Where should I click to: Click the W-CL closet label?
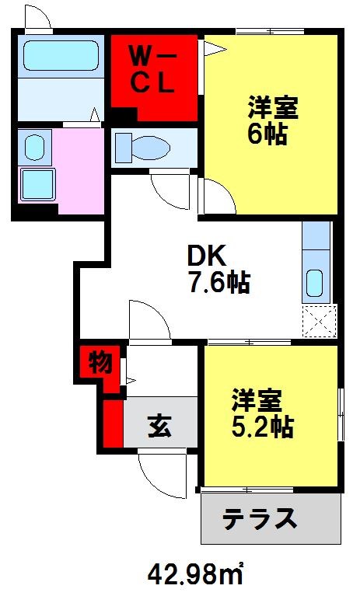tap(154, 70)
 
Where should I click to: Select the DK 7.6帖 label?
tap(217, 270)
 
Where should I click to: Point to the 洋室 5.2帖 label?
tap(262, 413)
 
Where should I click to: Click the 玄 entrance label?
tap(160, 426)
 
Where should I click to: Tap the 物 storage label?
tap(99, 363)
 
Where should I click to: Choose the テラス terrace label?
tap(260, 518)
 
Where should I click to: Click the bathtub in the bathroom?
tap(59, 56)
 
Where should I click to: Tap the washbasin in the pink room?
tap(33, 146)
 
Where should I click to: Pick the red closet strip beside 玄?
tap(111, 423)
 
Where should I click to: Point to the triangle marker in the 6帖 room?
tap(214, 50)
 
